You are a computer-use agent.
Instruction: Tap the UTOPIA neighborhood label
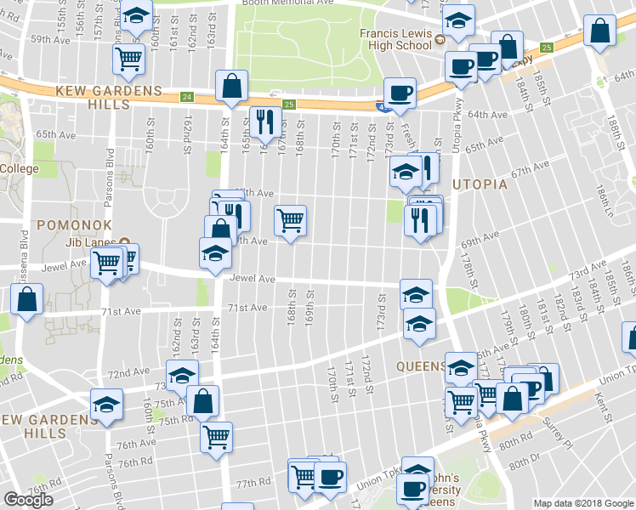[x=479, y=184]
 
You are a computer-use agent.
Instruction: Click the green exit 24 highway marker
[x=186, y=97]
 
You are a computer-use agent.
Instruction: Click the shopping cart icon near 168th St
[x=290, y=221]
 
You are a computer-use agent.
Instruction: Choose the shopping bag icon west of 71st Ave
[x=27, y=298]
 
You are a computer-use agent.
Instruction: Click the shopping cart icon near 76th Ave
[x=217, y=436]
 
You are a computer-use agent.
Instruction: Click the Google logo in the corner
[x=28, y=500]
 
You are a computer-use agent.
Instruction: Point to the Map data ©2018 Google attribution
[x=583, y=503]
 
